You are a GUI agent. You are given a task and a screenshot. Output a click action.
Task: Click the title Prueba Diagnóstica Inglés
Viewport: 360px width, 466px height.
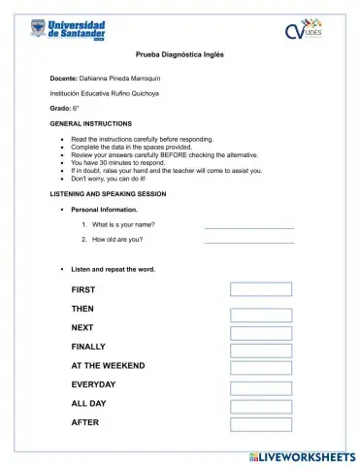180,54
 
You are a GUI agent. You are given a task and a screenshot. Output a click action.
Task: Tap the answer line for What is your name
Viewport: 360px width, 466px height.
248,226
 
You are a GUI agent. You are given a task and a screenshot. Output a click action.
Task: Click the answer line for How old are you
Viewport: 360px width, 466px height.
248,241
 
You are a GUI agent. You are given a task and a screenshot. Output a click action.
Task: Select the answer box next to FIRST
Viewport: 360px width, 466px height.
260,289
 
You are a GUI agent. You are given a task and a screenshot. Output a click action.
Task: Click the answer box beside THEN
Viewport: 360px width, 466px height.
260,315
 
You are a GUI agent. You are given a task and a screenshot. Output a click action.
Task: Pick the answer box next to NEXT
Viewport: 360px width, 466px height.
260,333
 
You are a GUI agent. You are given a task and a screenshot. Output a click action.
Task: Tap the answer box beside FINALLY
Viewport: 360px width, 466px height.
260,350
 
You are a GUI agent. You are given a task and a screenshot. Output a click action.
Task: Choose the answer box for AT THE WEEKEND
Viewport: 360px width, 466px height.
260,368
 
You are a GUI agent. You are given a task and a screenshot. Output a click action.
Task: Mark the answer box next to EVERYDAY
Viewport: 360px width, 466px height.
260,386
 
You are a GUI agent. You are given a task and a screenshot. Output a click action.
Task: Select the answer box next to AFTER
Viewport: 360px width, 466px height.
260,423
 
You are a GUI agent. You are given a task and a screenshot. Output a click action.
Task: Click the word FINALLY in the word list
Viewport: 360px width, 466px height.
88,347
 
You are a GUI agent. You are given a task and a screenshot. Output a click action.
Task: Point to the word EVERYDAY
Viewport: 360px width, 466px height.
93,384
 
